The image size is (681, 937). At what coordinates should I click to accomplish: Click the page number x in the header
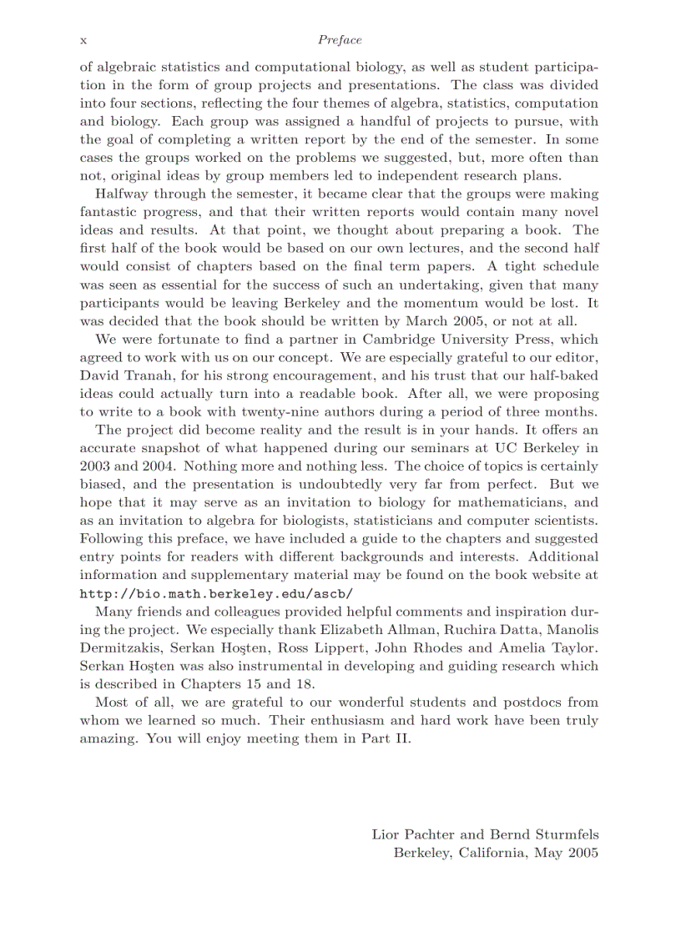click(83, 41)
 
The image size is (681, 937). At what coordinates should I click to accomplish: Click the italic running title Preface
click(340, 40)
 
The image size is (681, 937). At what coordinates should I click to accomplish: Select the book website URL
click(216, 594)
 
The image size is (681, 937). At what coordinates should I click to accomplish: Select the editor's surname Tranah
click(149, 375)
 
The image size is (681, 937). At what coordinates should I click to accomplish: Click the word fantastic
click(108, 212)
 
